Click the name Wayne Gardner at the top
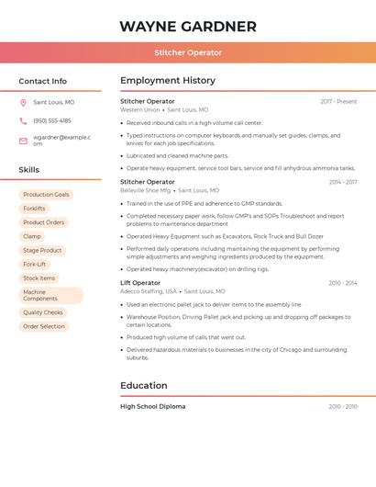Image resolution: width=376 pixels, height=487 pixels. click(187, 27)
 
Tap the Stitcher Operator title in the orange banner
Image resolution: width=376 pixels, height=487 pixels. click(188, 53)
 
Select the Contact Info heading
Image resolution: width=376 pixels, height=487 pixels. click(43, 81)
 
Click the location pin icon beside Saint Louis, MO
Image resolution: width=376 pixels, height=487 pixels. click(23, 102)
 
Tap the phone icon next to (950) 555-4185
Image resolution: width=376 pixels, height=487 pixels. click(23, 120)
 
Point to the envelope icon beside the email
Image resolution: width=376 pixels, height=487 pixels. click(23, 141)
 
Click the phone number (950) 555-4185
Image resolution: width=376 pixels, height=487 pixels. click(52, 120)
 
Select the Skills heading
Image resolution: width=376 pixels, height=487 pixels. click(29, 170)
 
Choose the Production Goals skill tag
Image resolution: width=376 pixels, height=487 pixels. click(46, 195)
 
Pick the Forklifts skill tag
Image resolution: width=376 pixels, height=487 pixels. click(34, 209)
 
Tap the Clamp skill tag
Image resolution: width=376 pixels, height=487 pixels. click(32, 236)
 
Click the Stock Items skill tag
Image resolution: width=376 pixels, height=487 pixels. click(39, 277)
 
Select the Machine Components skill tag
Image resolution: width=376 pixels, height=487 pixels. click(50, 295)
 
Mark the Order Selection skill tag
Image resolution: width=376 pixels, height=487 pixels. click(44, 326)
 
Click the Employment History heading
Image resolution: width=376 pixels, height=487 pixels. click(168, 81)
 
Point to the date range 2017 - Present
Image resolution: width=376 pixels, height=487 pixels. click(338, 101)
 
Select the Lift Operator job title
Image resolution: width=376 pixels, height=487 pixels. click(140, 283)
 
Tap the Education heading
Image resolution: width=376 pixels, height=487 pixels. click(144, 386)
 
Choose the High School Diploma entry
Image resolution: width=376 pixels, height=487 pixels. click(153, 406)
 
